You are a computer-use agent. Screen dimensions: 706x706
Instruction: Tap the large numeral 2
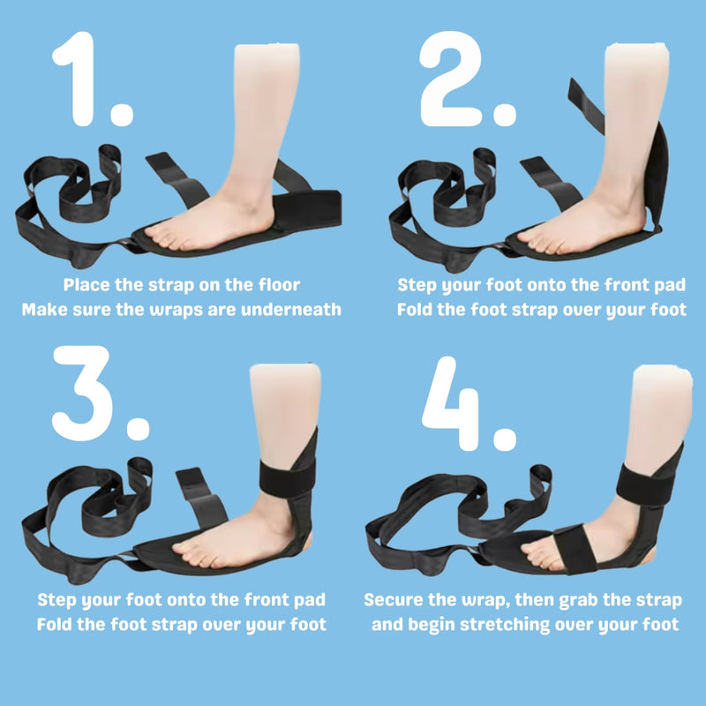[x=450, y=79]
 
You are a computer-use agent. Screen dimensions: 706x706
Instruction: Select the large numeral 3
[x=82, y=393]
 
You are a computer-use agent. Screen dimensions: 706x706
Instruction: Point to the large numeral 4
[x=450, y=404]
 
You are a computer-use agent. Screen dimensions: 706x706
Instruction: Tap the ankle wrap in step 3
[x=288, y=478]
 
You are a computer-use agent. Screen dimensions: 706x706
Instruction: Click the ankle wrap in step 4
[x=645, y=484]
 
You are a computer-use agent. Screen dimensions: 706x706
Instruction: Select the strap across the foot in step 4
[x=575, y=548]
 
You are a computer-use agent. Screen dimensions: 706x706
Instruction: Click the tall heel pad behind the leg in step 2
[x=657, y=176]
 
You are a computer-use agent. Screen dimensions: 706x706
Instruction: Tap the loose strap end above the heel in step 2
[x=585, y=106]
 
